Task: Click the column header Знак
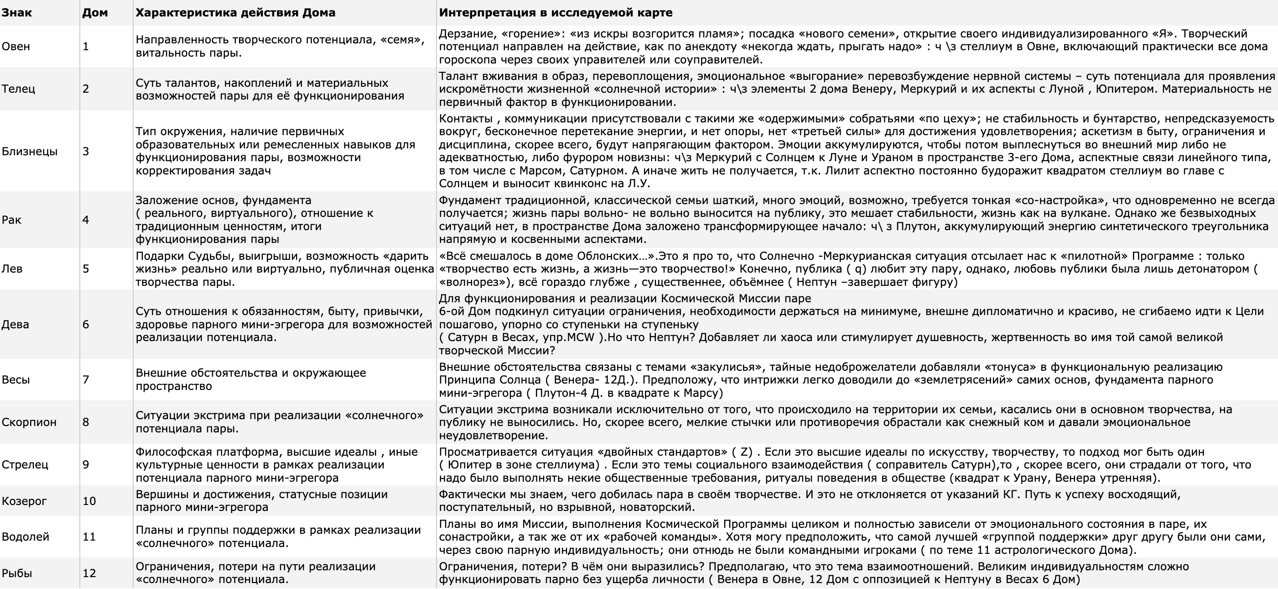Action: coord(16,13)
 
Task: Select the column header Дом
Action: coord(95,13)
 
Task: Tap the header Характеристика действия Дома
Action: coord(235,13)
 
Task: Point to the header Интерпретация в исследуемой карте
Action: coord(556,13)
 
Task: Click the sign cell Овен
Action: coord(16,47)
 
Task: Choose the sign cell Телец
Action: coord(18,89)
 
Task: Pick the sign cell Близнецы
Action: coord(30,152)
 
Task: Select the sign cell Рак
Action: coord(11,220)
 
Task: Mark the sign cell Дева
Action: coord(16,325)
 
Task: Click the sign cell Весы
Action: coord(16,380)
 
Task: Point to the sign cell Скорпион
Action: coord(29,423)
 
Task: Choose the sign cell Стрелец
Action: coord(25,465)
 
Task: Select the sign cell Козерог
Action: coord(24,501)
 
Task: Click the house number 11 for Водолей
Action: coord(89,537)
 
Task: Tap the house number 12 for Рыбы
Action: coord(89,573)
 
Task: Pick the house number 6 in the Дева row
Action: coord(86,325)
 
